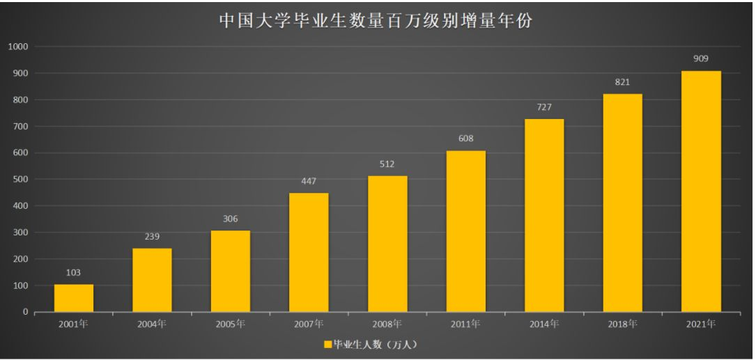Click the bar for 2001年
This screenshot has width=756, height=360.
tap(74, 298)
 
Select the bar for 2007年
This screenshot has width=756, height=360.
tap(309, 252)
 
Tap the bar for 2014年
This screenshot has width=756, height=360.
tap(544, 215)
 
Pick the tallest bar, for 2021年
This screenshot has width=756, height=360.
tap(701, 191)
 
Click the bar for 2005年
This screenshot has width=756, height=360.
tap(231, 271)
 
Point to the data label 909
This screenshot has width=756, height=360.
tap(701, 58)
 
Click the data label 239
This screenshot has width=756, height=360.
tap(152, 237)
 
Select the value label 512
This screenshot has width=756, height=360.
tap(387, 164)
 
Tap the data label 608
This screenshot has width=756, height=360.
tap(465, 139)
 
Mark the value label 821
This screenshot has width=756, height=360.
tap(622, 82)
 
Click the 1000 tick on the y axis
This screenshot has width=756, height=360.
tap(18, 47)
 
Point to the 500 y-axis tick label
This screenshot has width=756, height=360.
tap(20, 180)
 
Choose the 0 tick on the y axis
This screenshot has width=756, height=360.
tap(26, 312)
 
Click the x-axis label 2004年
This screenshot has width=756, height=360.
tap(152, 324)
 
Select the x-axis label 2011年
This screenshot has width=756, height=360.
tap(465, 324)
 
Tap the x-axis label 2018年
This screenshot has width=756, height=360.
tap(622, 324)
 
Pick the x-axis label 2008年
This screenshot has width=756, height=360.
tap(387, 324)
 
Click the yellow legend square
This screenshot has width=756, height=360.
tap(328, 344)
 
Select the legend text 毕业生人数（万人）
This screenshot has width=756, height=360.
tap(375, 344)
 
